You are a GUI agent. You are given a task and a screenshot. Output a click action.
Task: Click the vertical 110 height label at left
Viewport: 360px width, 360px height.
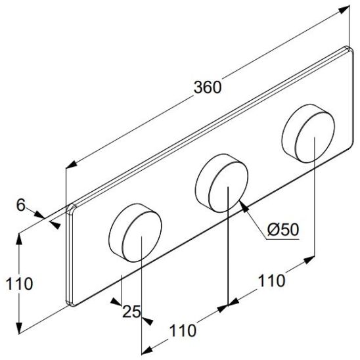(16, 284)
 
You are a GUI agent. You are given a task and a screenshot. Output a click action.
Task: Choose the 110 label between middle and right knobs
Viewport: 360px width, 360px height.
(271, 281)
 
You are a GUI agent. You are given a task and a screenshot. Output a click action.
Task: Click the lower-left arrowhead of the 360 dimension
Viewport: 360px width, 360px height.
(70, 167)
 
